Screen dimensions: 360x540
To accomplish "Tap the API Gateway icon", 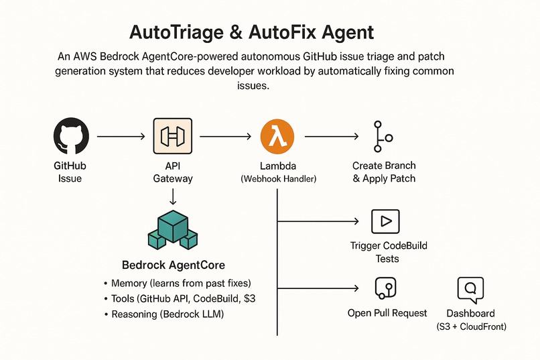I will [172, 136].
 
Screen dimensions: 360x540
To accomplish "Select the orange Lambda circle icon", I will [277, 136].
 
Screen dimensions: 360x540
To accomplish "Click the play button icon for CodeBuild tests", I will [385, 221].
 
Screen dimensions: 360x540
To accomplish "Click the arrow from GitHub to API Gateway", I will [121, 137].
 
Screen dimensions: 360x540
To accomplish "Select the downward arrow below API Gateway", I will [172, 196].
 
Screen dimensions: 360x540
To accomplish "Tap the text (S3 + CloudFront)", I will [470, 326].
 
